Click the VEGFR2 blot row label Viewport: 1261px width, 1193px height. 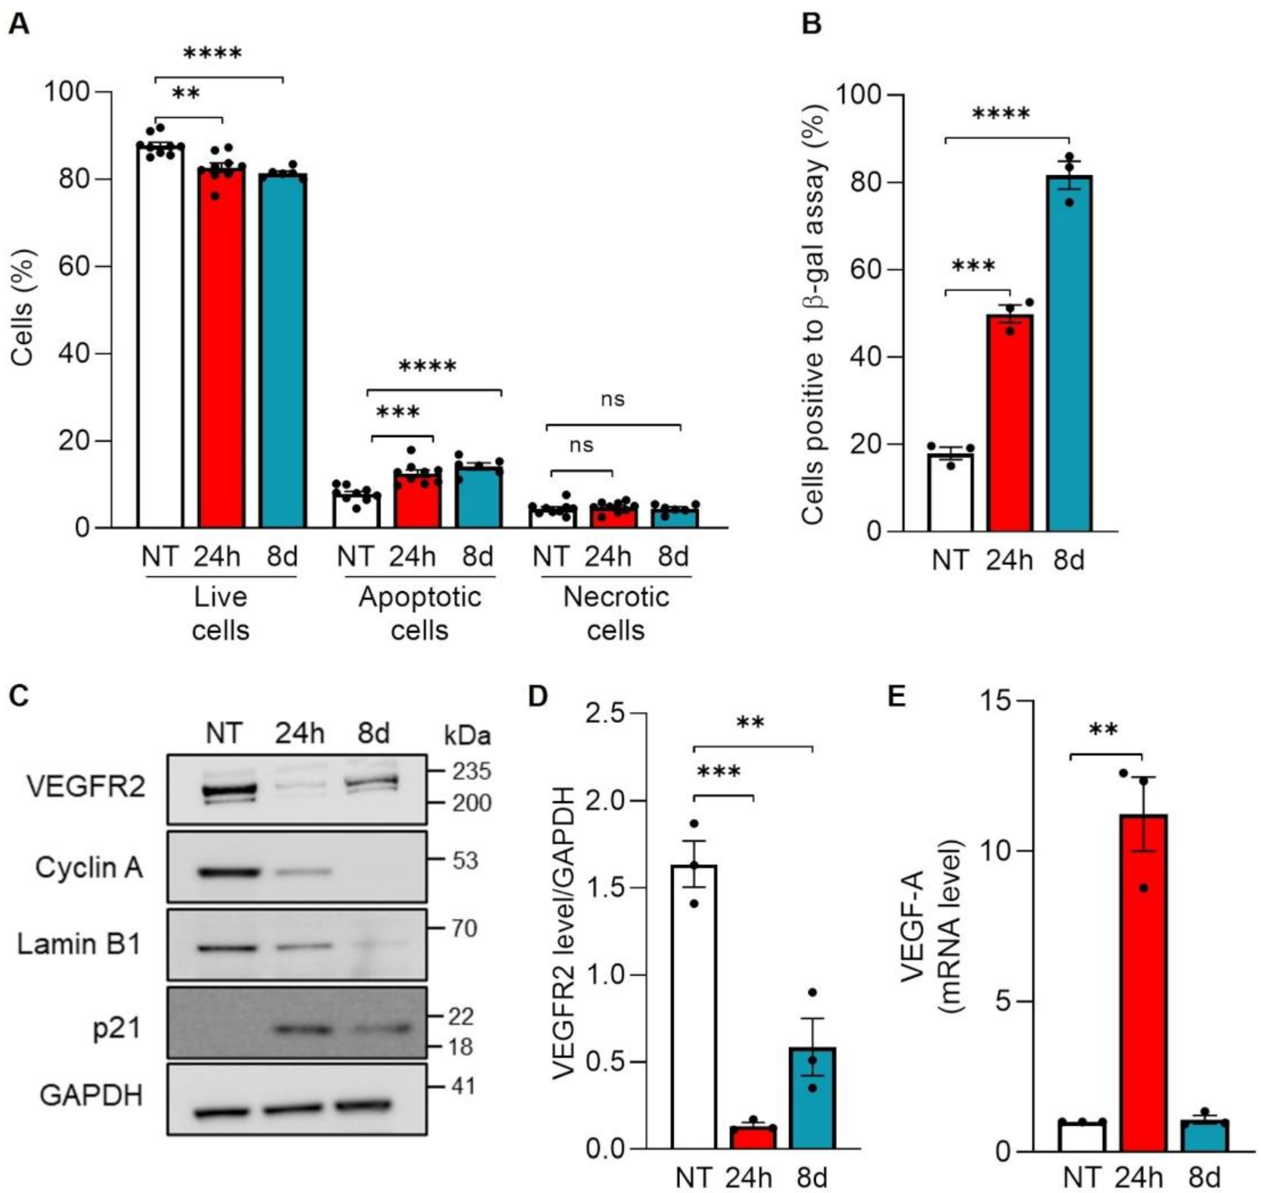click(86, 787)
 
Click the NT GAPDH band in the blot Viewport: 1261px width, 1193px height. click(222, 1112)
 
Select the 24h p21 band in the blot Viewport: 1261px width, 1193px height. click(300, 1029)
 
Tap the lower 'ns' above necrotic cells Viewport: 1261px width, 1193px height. click(581, 445)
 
